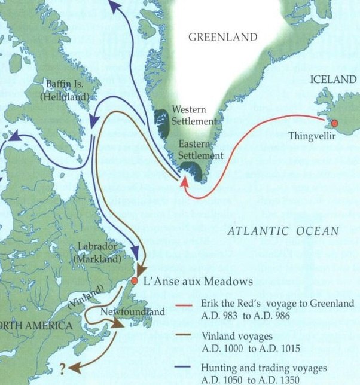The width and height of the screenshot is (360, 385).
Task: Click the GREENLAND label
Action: click(222, 37)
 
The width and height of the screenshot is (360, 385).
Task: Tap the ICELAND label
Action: click(332, 79)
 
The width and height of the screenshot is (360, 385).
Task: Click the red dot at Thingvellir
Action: click(334, 123)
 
